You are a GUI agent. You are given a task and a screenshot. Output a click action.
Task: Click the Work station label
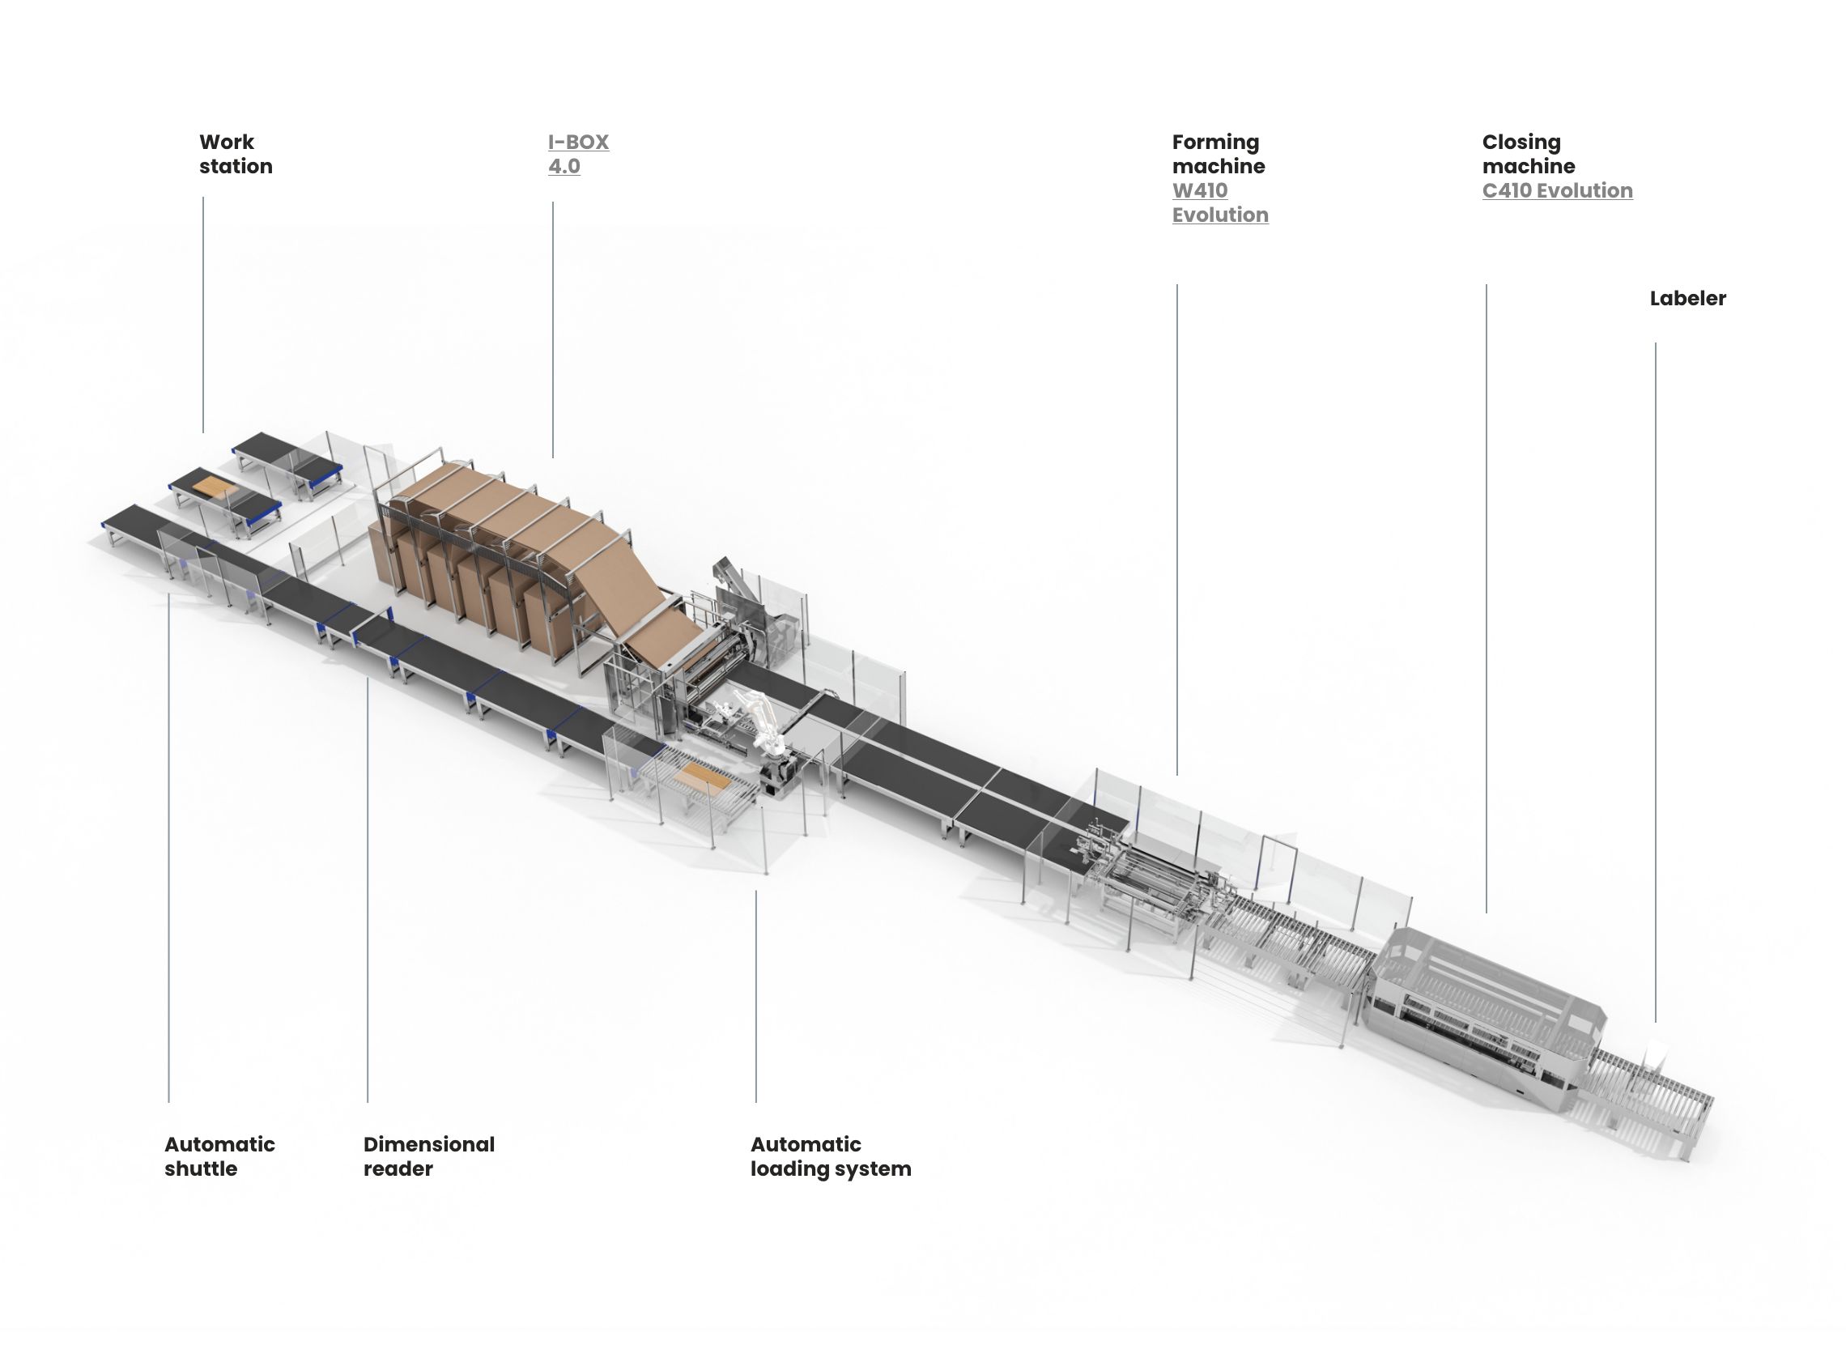point(236,154)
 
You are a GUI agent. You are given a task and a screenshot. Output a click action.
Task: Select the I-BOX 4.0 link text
point(578,154)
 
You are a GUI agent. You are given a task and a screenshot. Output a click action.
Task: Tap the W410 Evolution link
point(1220,202)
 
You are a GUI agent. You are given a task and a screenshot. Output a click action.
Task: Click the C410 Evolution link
point(1557,190)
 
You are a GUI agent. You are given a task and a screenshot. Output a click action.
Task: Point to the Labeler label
point(1687,298)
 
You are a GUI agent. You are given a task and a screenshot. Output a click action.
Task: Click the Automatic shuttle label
point(219,1156)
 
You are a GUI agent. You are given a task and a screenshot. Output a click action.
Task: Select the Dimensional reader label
point(429,1156)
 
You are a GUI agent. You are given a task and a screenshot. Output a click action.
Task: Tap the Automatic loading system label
point(831,1156)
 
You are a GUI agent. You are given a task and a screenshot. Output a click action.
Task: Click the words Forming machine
point(1219,154)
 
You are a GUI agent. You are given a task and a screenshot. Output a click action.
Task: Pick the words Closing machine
point(1529,154)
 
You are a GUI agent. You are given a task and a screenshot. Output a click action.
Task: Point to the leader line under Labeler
point(1655,683)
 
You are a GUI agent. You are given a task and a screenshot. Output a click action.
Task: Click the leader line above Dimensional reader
point(367,890)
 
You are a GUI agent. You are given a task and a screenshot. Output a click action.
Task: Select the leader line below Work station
point(202,314)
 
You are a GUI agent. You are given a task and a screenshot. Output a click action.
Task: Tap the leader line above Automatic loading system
point(755,997)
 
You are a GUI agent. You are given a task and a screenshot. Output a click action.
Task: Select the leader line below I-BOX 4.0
point(553,330)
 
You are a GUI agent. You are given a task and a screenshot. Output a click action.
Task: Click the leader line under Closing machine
point(1487,598)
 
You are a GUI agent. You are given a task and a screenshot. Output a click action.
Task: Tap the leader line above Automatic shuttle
point(168,849)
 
